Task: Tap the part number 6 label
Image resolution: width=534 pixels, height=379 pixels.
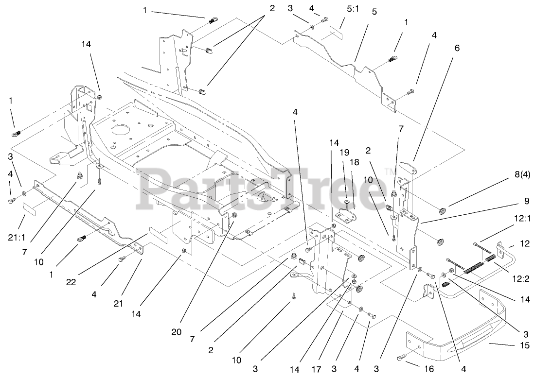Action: click(457, 48)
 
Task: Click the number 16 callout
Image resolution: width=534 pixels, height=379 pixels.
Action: click(428, 369)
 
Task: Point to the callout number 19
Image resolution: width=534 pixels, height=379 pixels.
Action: click(345, 152)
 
